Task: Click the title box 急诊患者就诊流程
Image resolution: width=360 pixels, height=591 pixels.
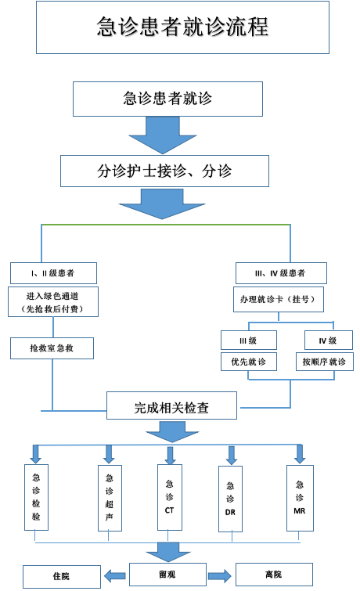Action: click(182, 27)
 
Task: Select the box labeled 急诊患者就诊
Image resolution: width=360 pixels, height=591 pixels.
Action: click(167, 99)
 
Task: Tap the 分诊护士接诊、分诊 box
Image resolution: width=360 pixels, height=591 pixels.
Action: click(164, 171)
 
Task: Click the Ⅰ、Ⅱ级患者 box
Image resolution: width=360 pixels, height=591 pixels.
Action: click(53, 273)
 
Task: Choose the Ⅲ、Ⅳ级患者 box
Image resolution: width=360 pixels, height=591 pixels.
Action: click(281, 273)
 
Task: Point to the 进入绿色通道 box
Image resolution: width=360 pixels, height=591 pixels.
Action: click(53, 302)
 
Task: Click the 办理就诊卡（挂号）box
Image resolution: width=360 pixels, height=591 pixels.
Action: click(279, 299)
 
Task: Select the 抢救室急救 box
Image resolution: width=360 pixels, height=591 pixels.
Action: click(52, 348)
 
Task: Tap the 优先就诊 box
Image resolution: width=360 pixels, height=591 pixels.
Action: click(249, 362)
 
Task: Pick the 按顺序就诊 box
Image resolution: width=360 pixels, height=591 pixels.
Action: click(325, 362)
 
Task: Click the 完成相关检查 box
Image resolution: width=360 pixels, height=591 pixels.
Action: click(172, 405)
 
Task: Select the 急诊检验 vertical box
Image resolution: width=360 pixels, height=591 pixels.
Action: click(36, 497)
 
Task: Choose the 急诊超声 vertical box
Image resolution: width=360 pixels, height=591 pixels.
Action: click(110, 498)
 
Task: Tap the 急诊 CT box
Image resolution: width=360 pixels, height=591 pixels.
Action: click(170, 497)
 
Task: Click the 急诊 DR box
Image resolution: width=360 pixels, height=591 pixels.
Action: click(230, 499)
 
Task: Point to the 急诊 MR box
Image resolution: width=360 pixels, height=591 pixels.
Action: click(300, 498)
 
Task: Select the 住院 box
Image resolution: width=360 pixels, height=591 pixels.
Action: click(62, 576)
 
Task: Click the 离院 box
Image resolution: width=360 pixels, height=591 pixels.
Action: click(274, 575)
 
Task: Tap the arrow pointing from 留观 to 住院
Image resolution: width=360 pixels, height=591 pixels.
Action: click(115, 575)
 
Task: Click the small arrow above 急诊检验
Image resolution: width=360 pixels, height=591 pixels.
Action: click(36, 454)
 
